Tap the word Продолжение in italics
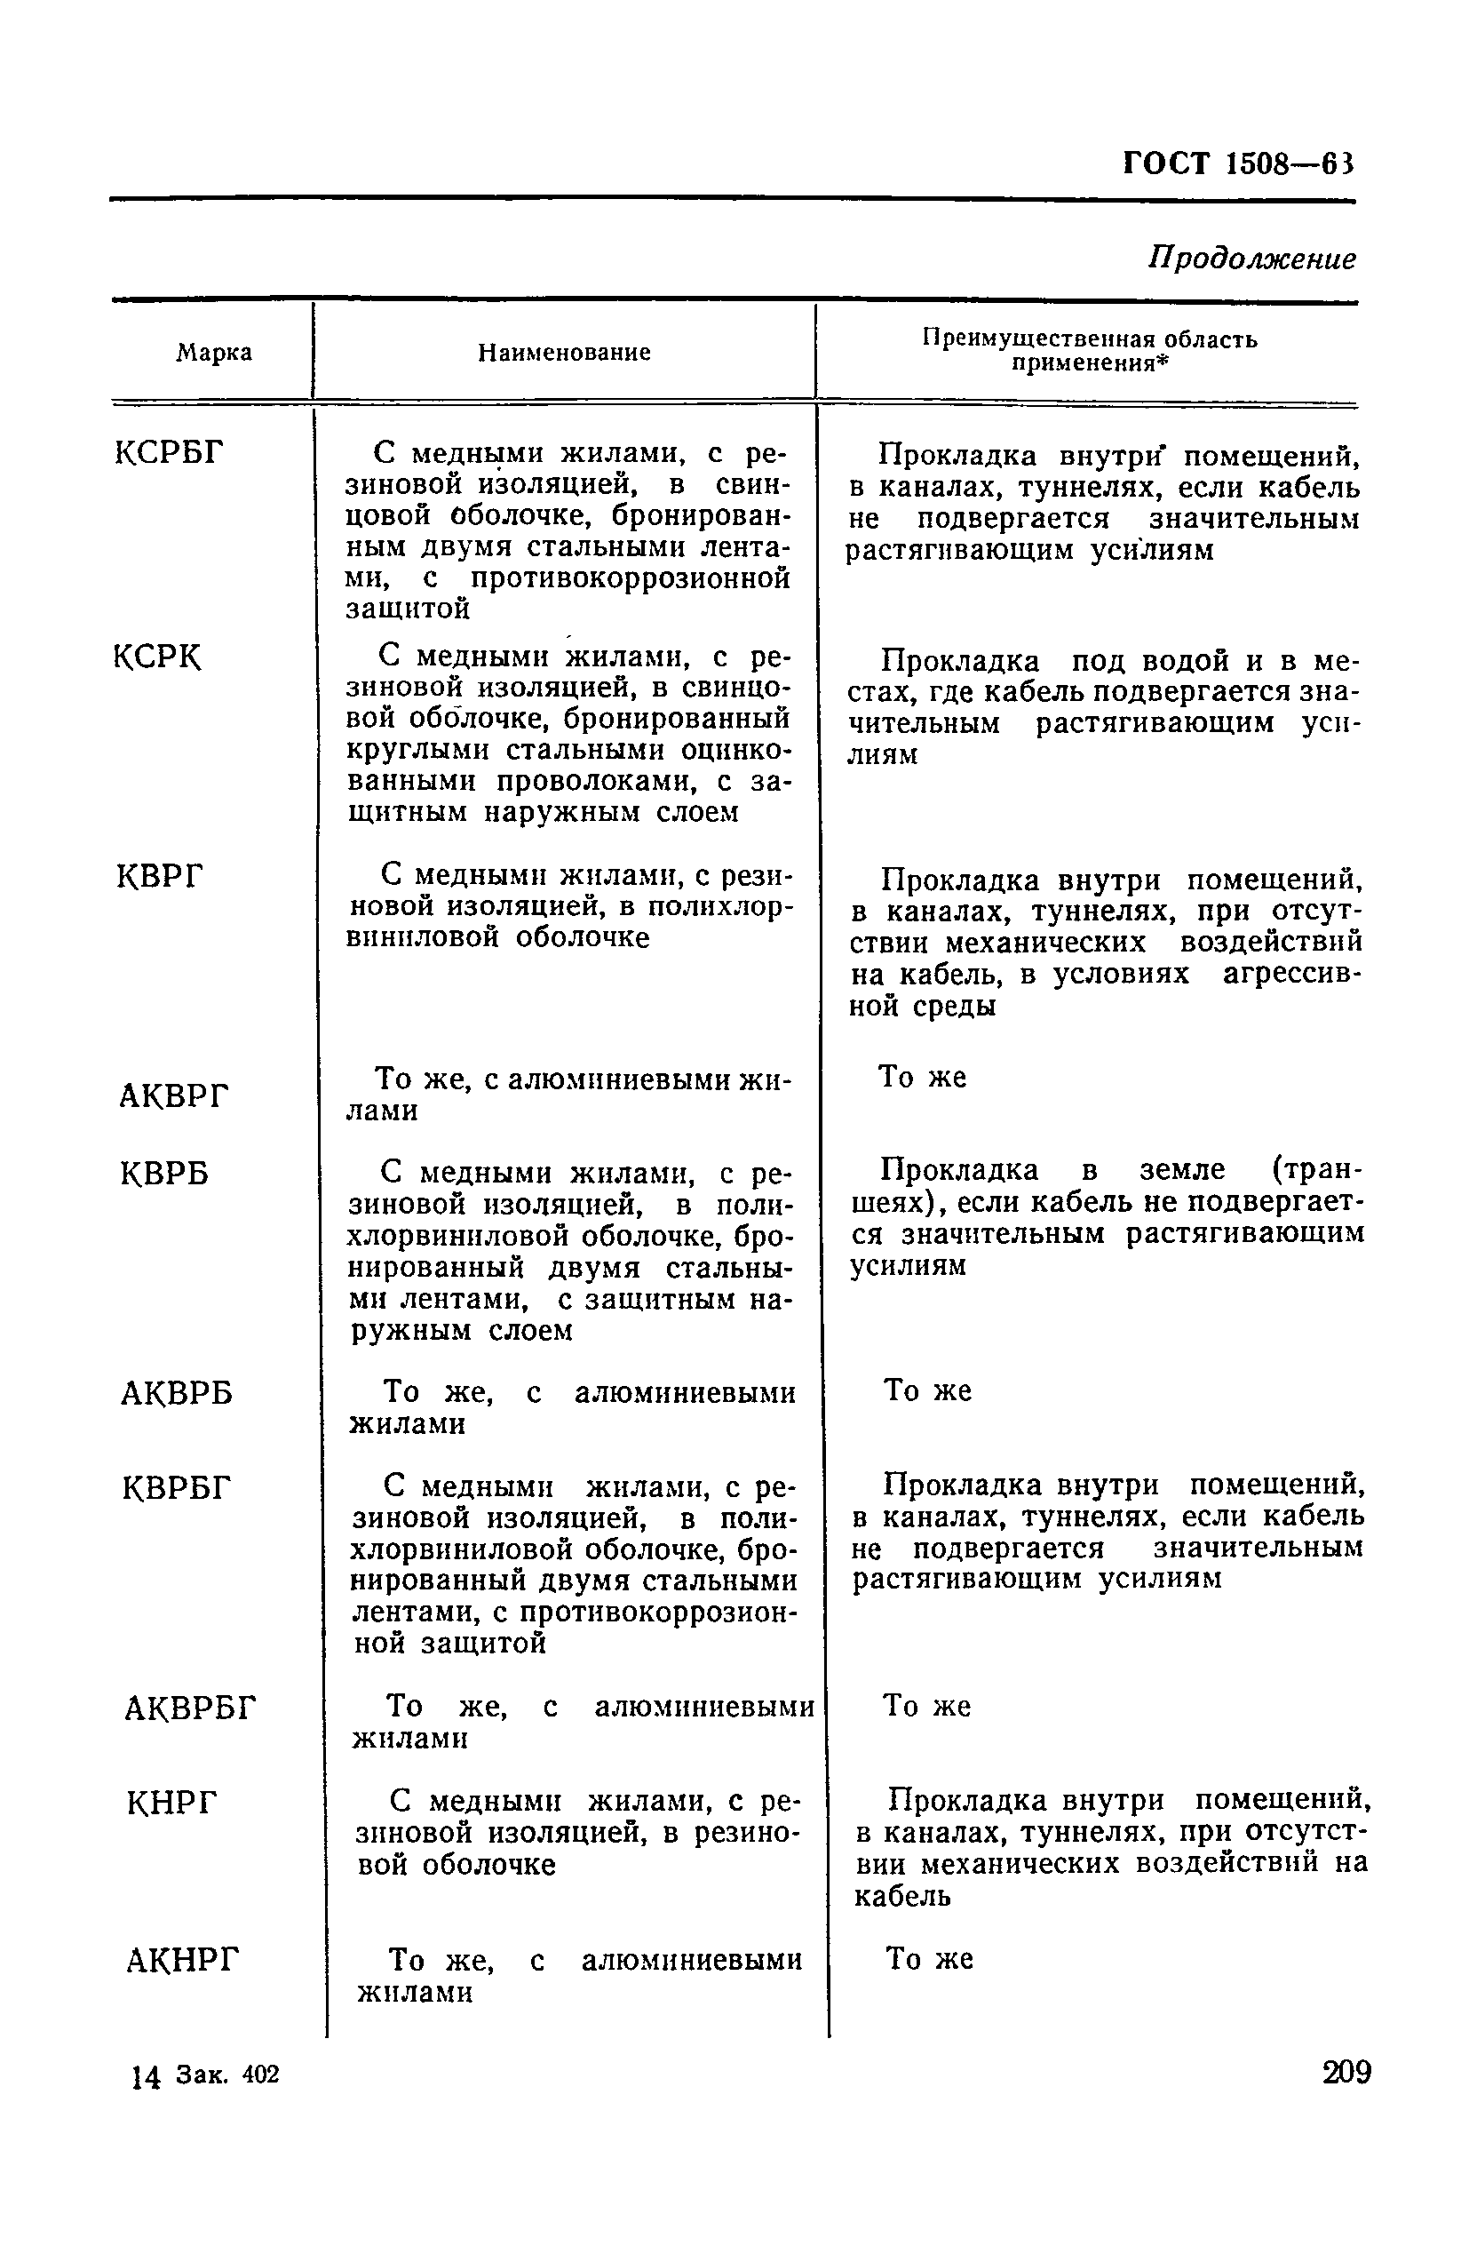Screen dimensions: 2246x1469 [1251, 258]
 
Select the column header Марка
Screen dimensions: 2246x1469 [214, 353]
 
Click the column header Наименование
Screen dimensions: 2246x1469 [563, 353]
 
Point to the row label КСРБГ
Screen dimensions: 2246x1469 [170, 454]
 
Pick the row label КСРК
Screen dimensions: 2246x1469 [157, 657]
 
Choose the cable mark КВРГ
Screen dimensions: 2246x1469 [160, 878]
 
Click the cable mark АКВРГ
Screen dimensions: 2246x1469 [175, 1096]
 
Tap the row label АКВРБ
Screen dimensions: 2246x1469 [177, 1394]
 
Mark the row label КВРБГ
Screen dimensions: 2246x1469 [177, 1489]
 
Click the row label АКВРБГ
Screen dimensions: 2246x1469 [190, 1709]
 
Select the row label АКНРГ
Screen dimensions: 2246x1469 [183, 1962]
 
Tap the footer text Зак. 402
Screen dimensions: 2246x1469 [226, 2075]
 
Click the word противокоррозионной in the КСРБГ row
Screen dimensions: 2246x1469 [631, 578]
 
